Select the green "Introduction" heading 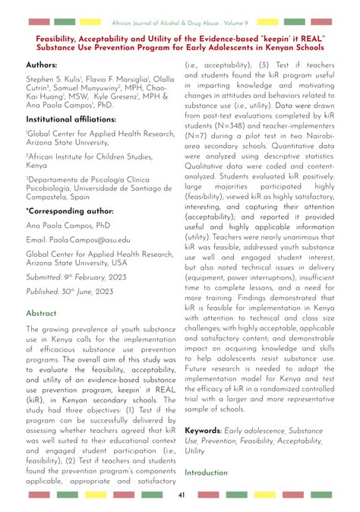pos(206,472)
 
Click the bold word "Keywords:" pos(207,430)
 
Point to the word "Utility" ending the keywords pos(195,450)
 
